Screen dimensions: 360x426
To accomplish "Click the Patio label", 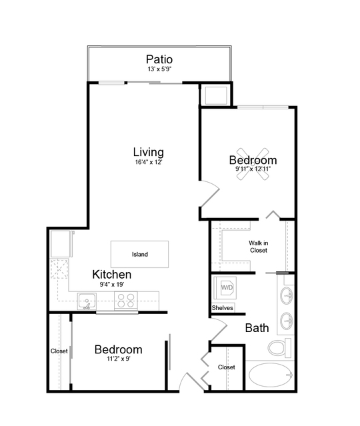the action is coord(159,59).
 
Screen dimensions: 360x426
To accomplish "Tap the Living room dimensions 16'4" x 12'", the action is coord(149,162).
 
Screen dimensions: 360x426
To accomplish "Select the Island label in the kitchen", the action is coord(140,254).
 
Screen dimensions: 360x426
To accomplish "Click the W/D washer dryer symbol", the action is coord(225,288).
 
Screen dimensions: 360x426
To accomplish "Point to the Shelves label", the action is coord(222,308).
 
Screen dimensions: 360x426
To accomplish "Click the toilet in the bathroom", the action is coord(279,348).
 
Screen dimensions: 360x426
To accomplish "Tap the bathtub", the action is coord(271,375).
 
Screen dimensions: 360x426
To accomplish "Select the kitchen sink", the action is coord(87,301).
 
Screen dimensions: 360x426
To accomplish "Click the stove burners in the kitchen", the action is coord(125,301).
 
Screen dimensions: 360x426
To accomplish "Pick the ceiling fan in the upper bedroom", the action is coord(253,164).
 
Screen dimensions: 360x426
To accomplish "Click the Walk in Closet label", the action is coord(259,247).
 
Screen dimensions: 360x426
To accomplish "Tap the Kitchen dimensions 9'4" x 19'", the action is coord(112,285).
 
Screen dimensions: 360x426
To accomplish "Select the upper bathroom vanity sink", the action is coord(287,295).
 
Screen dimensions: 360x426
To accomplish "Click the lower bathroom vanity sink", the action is coord(287,321).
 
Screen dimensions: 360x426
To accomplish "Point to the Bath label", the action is coord(257,328).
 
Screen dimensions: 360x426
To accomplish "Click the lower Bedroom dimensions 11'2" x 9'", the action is coord(119,359).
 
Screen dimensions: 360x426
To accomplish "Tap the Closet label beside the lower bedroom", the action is coord(59,351).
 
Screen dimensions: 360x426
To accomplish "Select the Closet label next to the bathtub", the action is coord(226,367).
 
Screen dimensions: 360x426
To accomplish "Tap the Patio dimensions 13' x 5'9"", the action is coord(159,69).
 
